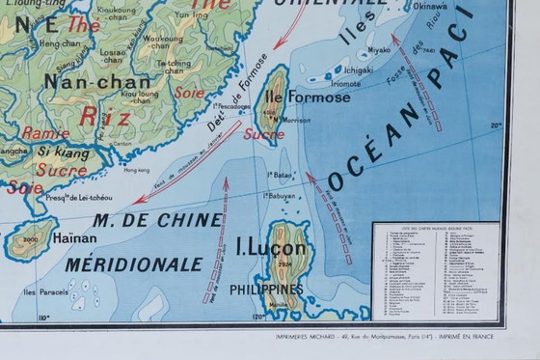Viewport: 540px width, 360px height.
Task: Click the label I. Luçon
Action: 272,248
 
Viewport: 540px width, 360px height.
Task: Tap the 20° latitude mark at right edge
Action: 496,125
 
